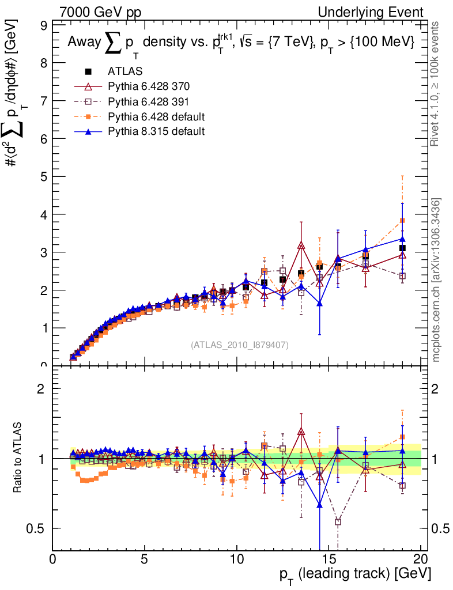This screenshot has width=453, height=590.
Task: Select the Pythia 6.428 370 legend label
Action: coord(149,86)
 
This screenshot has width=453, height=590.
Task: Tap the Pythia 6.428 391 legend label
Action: coord(149,101)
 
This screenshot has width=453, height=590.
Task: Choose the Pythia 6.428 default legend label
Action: coord(156,116)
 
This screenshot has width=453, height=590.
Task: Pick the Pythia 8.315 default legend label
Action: coord(156,131)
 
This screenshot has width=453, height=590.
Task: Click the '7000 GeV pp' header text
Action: coord(100,12)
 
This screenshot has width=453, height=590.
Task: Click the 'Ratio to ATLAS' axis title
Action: coord(18,458)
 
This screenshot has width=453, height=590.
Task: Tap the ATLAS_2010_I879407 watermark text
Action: coord(240,345)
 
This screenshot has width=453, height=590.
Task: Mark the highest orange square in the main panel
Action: coord(402,221)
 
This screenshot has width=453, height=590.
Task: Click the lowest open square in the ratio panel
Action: coord(338,522)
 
